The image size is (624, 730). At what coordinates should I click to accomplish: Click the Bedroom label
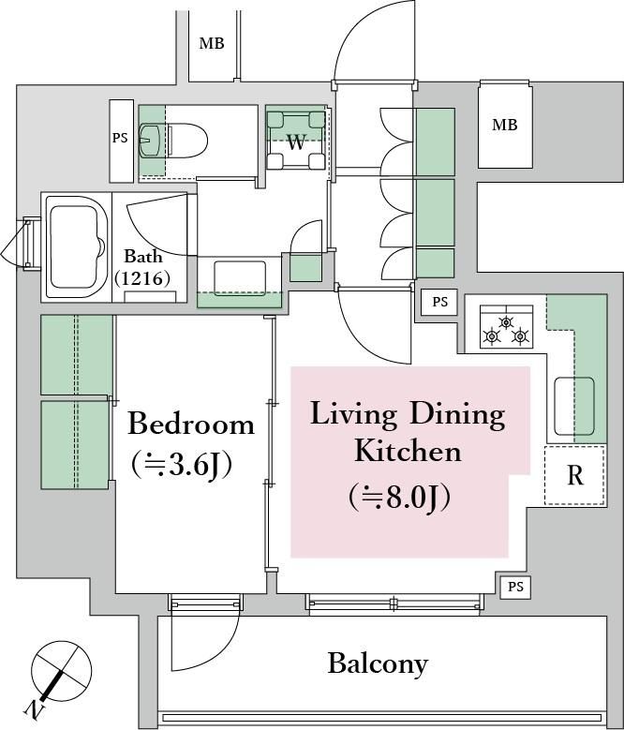pos(191,425)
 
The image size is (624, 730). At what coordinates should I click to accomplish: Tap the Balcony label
pos(378,663)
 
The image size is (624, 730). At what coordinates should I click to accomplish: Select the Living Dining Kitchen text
pos(408,432)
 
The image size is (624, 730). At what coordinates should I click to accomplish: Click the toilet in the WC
pos(173,141)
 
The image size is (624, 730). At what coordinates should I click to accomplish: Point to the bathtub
pos(76,247)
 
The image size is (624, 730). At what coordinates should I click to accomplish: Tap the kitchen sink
pos(574,406)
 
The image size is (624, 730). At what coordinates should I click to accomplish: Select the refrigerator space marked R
pos(575,475)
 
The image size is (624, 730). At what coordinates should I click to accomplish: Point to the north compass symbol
pos(57,677)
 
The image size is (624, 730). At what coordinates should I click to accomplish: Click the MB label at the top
pos(212,43)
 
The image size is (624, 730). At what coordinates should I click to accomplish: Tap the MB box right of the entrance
pos(505,125)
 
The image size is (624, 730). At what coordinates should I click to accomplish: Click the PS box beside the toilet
pos(122,141)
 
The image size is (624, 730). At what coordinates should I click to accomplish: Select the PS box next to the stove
pos(439,302)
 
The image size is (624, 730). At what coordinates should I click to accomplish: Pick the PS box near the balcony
pos(515,587)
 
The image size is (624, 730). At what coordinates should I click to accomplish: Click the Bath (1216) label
pos(142,267)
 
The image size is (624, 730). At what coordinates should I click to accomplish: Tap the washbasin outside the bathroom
pos(240,279)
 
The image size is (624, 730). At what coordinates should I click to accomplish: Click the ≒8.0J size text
pos(399,499)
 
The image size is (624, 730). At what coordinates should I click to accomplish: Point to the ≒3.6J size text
pos(182,465)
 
